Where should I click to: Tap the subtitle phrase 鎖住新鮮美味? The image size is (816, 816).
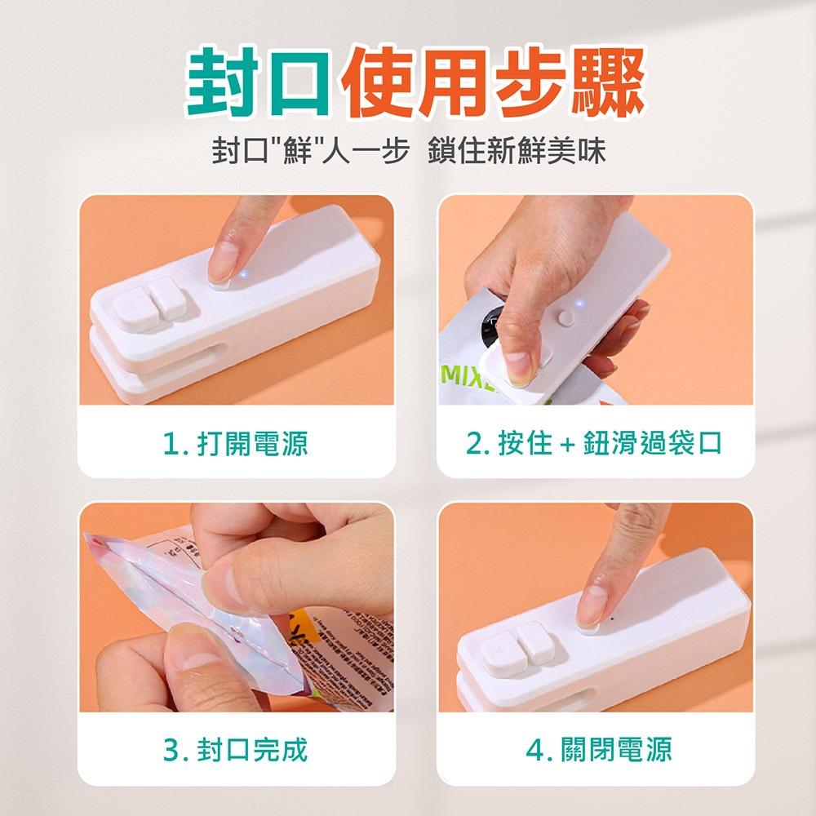click(517, 151)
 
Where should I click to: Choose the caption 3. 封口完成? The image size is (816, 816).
click(235, 748)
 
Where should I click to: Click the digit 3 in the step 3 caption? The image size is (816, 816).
click(170, 748)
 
